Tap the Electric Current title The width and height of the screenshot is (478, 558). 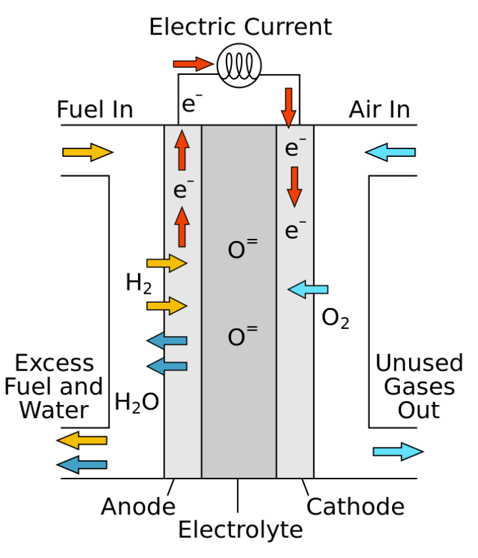point(240,27)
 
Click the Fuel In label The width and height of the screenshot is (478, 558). point(95,109)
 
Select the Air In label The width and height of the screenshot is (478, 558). point(380,109)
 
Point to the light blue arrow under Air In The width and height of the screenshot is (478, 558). point(390,153)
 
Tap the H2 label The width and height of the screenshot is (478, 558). point(139,284)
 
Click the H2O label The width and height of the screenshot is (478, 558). point(137,402)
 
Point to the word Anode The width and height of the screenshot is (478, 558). point(138,507)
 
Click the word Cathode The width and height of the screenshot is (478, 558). point(356,507)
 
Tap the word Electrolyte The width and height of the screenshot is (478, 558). point(240,530)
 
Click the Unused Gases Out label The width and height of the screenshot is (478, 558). point(419,386)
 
